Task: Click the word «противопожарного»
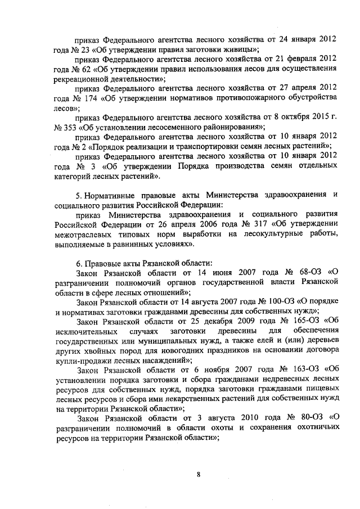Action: pyautogui.click(x=247, y=98)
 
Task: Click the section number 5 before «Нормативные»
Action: pyautogui.click(x=78, y=195)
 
